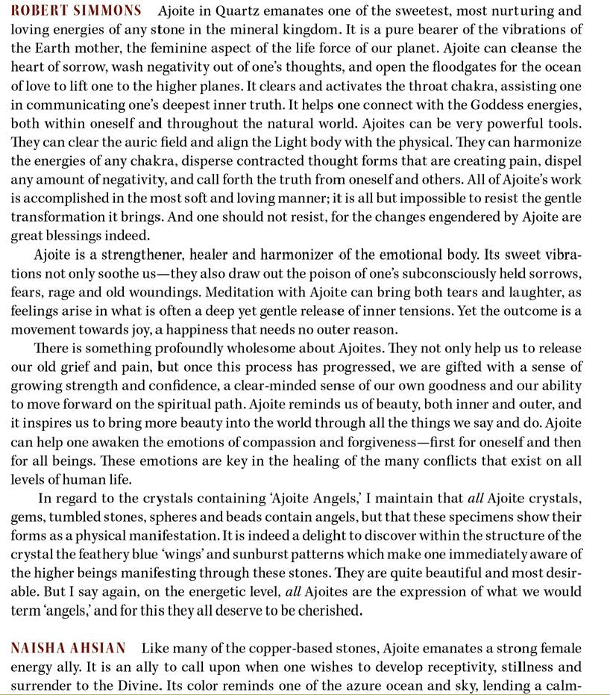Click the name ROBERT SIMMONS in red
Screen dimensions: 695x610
(77, 11)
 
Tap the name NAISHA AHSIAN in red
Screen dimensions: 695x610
(69, 648)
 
